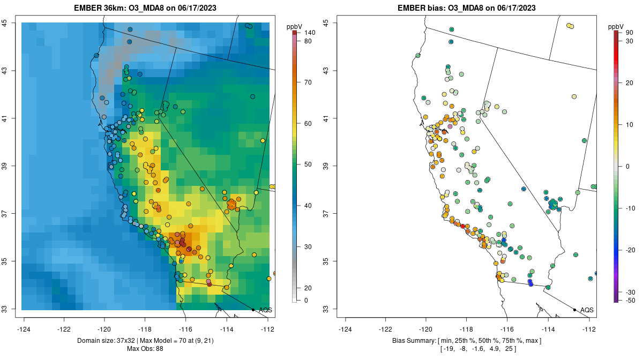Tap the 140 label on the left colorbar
[x=309, y=33]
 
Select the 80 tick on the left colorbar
[x=308, y=41]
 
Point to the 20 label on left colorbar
[x=308, y=288]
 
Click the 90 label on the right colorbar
[x=630, y=33]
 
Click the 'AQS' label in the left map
[x=265, y=310]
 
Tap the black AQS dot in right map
[x=574, y=310]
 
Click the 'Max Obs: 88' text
[x=145, y=349]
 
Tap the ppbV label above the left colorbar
[x=295, y=26]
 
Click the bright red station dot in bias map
[x=463, y=226]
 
